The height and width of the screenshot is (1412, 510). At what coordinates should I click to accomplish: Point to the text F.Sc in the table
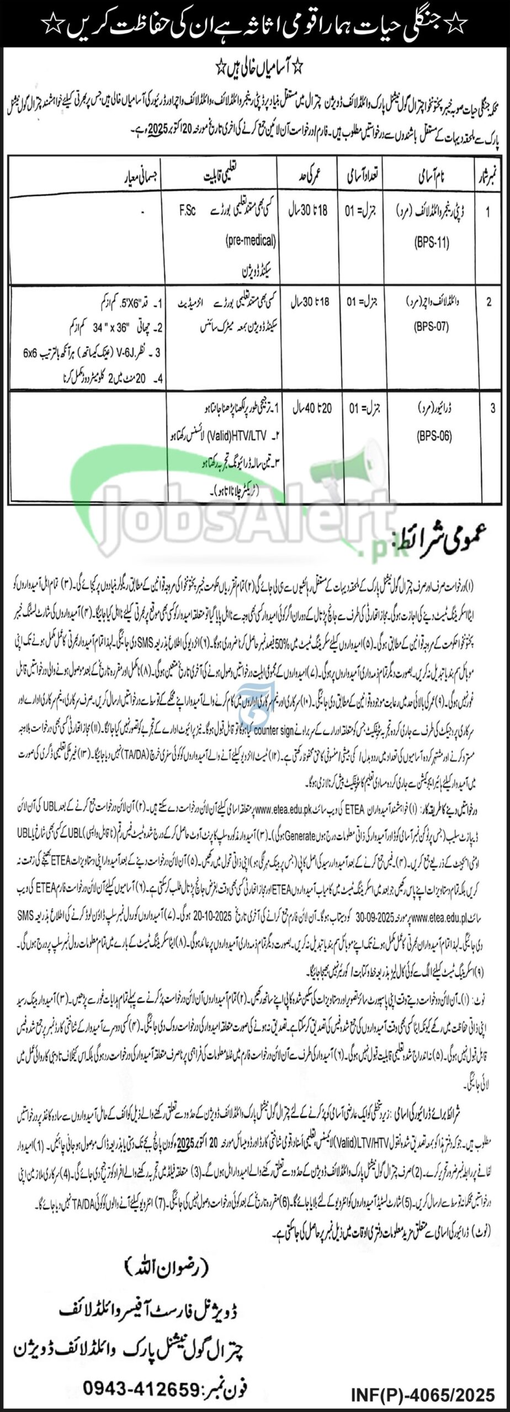187,211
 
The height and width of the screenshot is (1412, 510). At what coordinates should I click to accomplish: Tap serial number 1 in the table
488,212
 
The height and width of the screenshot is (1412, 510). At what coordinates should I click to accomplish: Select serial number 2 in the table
488,302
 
